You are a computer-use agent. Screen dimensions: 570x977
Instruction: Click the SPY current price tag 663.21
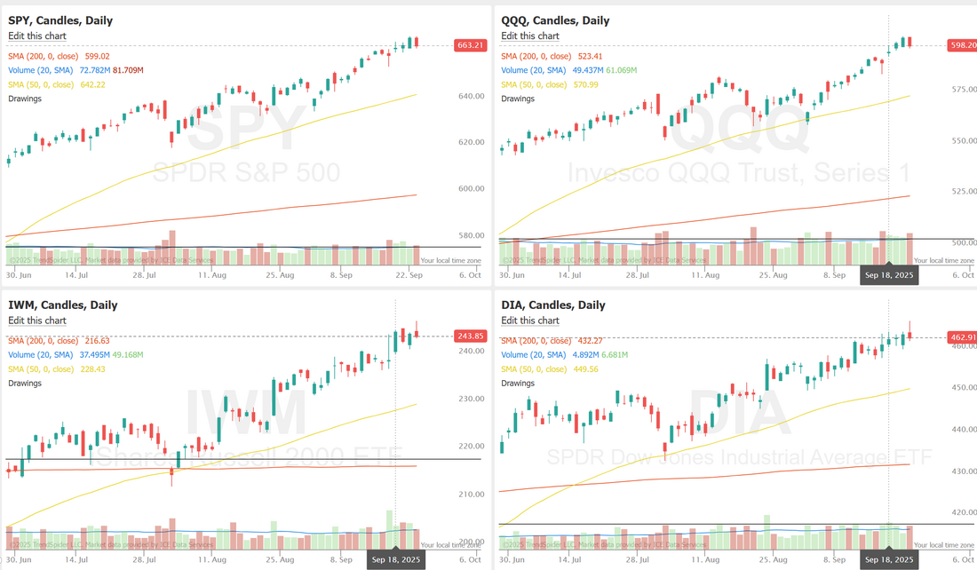470,45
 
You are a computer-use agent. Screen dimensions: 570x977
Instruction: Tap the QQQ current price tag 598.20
962,45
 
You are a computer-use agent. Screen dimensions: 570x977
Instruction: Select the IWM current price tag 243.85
470,336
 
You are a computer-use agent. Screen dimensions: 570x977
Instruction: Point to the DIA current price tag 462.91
962,337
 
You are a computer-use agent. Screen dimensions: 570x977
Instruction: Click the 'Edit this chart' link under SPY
37,36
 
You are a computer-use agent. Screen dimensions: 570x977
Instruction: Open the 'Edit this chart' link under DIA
530,321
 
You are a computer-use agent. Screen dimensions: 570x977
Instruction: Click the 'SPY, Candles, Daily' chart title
60,20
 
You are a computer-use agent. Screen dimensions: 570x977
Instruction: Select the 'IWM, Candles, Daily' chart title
62,305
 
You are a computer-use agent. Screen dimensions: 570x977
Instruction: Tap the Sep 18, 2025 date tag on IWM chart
395,559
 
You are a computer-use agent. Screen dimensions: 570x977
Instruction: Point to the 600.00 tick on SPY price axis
471,189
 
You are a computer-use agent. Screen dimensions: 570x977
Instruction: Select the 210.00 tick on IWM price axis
471,495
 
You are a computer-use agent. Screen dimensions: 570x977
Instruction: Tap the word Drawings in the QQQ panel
519,99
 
